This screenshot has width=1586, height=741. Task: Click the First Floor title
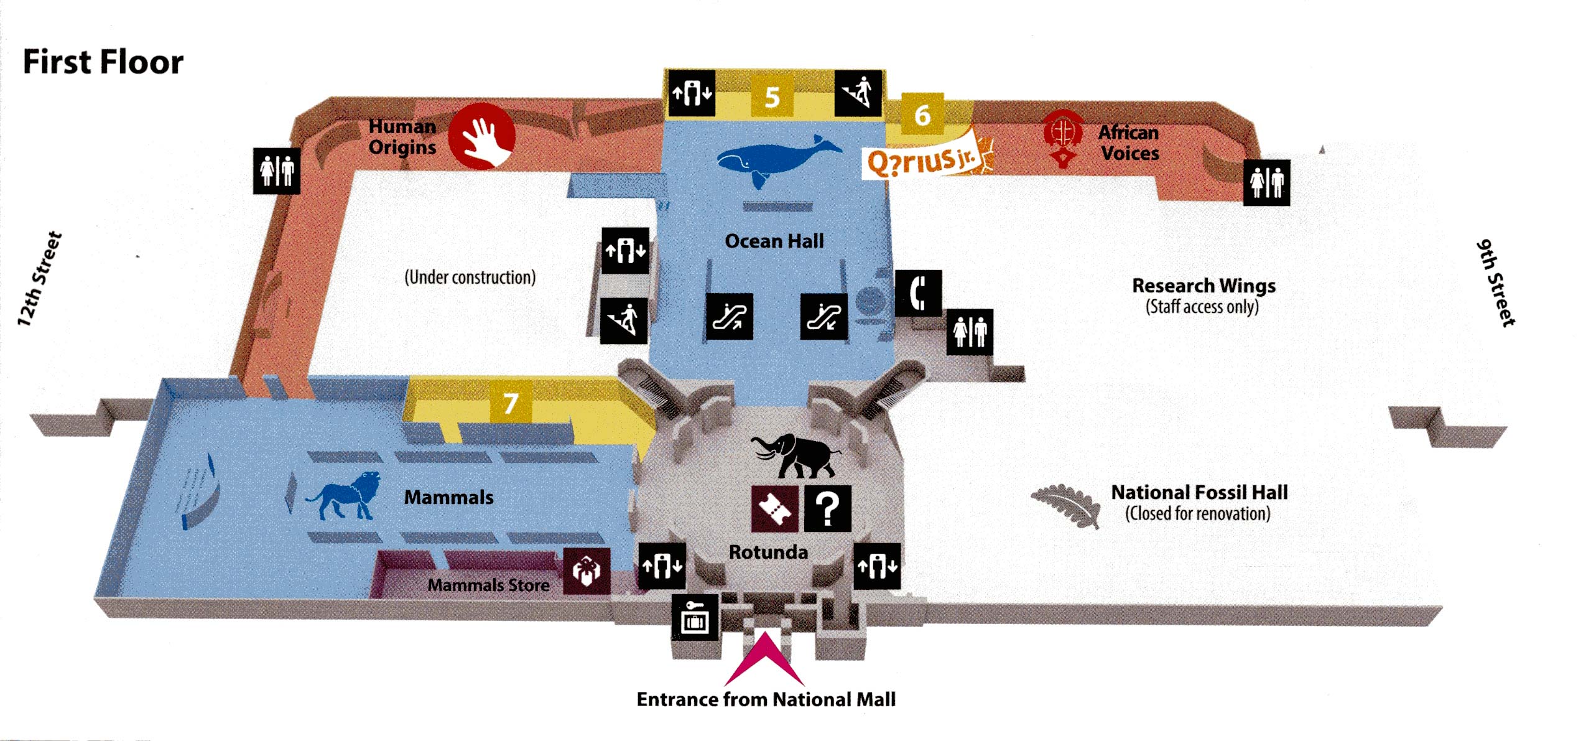point(103,62)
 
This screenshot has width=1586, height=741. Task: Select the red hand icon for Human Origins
point(482,136)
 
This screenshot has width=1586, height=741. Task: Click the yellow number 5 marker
point(772,97)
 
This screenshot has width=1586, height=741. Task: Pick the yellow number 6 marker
point(922,115)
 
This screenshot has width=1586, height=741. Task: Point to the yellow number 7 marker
point(511,403)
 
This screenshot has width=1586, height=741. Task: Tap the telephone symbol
point(918,293)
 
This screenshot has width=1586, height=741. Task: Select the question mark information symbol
point(828,508)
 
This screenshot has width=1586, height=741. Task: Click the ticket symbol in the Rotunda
point(774,508)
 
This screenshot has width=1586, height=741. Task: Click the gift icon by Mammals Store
point(587,571)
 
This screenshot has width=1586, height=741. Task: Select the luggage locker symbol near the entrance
point(695,617)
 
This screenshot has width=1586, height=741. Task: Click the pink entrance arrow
point(765,659)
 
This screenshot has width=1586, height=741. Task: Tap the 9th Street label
point(1496,283)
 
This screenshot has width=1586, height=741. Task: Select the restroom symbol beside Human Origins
point(276,170)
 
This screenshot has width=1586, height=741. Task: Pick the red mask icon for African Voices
point(1063,138)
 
